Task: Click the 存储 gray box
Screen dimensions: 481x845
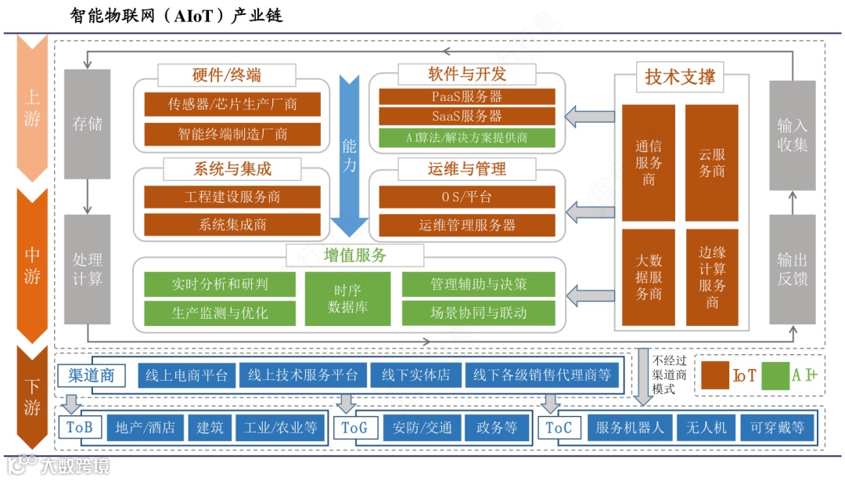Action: point(87,124)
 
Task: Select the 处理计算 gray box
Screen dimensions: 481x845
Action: point(87,269)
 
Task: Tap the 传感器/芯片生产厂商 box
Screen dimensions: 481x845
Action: point(232,104)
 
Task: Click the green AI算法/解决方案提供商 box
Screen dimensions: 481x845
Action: point(467,138)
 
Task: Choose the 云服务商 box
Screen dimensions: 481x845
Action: point(711,161)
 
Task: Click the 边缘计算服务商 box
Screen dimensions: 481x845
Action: point(711,277)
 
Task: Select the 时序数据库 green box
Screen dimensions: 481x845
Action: point(347,298)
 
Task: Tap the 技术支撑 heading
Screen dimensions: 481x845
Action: point(680,78)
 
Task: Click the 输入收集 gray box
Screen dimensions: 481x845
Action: point(792,135)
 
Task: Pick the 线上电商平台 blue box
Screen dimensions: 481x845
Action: point(186,375)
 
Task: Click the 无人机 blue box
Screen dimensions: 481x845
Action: point(706,428)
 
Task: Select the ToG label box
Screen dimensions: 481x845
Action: point(354,428)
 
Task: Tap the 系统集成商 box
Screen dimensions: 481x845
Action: point(232,225)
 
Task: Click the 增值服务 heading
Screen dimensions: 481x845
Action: point(355,255)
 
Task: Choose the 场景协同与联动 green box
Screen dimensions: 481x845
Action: point(479,313)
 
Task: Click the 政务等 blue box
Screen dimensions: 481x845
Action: point(497,428)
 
